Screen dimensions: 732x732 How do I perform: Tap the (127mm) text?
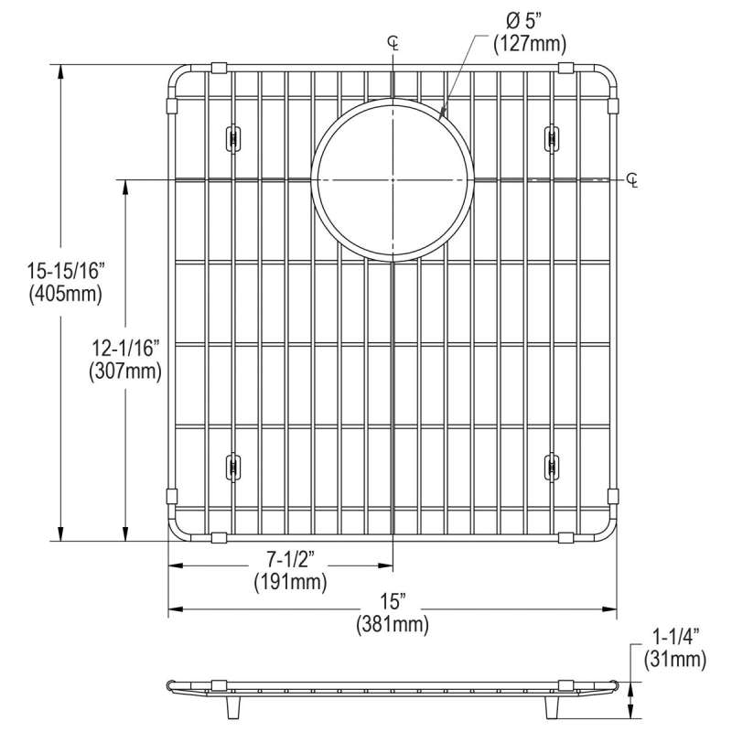tap(530, 44)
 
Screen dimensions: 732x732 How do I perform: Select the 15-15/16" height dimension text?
tap(65, 271)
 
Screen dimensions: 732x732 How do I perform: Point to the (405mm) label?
tap(65, 294)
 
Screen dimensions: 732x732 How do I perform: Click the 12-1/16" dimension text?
tap(125, 349)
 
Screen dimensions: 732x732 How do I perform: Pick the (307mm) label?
tap(125, 371)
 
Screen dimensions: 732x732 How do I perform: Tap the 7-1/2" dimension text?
tap(290, 559)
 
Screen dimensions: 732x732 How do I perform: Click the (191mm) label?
tap(290, 582)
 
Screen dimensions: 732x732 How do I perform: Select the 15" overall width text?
tap(393, 602)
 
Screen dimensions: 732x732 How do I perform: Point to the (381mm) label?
tap(393, 625)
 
